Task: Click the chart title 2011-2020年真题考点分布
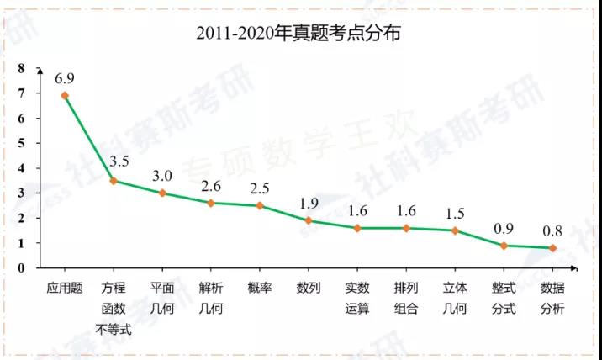tap(301, 33)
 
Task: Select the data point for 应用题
tap(65, 96)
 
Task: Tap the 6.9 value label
tap(66, 78)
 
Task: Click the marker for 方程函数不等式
tap(114, 181)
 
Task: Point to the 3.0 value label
tap(162, 176)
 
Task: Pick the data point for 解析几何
tap(211, 203)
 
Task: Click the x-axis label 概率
tap(260, 288)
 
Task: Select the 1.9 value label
tap(309, 204)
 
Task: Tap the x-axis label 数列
tap(309, 288)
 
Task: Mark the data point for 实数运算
tap(357, 228)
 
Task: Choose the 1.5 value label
tap(455, 213)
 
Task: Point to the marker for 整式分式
tap(504, 246)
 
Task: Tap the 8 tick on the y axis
tap(20, 68)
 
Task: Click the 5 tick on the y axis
tap(20, 143)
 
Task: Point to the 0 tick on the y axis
tap(20, 267)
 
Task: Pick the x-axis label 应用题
tap(65, 288)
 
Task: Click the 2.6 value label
tap(211, 186)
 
